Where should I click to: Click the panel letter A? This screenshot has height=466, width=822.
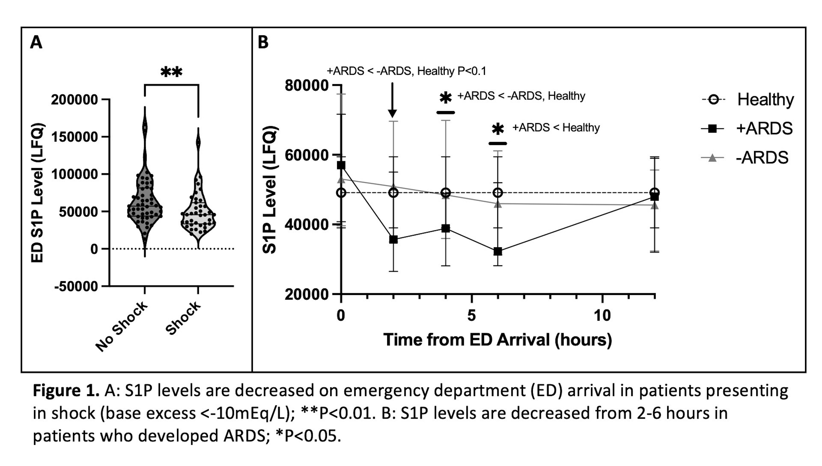click(36, 42)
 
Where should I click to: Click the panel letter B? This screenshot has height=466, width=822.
click(263, 42)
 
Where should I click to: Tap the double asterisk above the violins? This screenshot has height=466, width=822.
click(172, 72)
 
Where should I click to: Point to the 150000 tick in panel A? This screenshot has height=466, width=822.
click(74, 137)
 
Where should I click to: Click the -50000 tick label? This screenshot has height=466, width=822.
click(76, 286)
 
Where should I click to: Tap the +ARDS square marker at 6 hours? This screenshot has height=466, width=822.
click(498, 252)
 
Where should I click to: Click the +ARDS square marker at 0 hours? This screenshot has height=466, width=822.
click(341, 165)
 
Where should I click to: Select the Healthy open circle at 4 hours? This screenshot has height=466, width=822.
click(446, 193)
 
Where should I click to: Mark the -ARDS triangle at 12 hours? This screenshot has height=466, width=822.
click(655, 205)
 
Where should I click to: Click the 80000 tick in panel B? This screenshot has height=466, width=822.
click(306, 86)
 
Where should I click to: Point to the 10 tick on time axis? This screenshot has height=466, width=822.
click(602, 316)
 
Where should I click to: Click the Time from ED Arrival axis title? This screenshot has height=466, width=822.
click(497, 340)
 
